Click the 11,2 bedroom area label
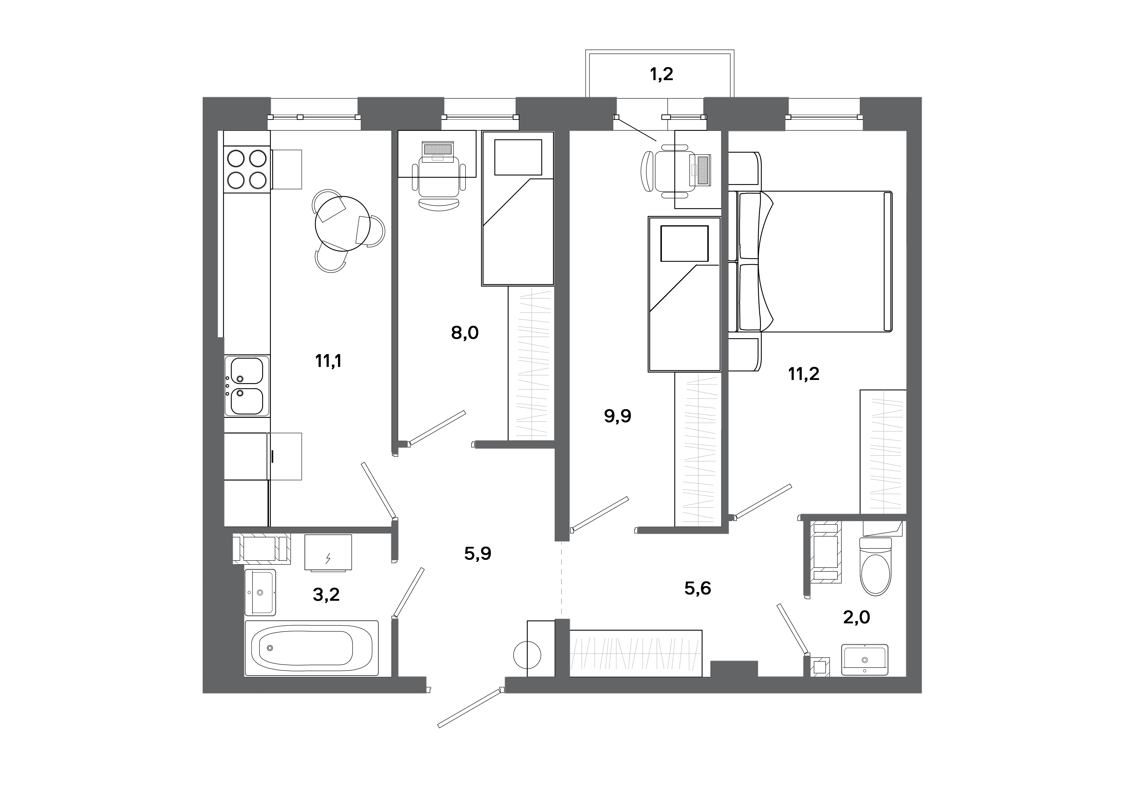click(804, 374)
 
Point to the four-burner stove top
click(247, 169)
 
